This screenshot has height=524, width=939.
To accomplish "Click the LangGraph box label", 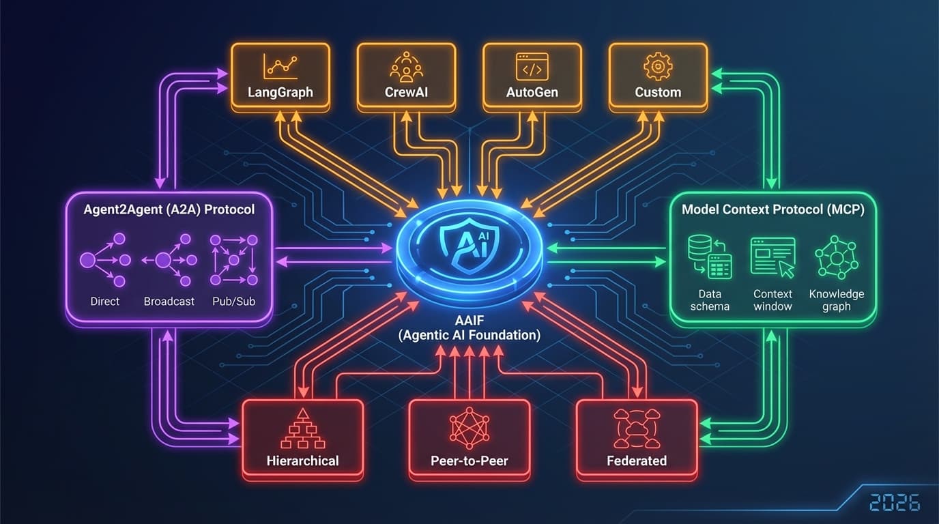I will tap(280, 91).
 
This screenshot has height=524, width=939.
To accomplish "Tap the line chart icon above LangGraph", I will tap(280, 66).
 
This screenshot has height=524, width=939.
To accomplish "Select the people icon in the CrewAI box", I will tap(406, 66).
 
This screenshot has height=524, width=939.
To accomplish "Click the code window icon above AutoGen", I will tap(532, 66).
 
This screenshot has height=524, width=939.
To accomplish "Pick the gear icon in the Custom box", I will tap(658, 66).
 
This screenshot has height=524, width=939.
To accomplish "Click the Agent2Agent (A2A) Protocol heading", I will tap(169, 209).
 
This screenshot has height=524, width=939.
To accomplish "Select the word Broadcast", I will tap(169, 301).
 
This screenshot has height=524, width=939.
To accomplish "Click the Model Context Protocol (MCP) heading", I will tap(772, 209).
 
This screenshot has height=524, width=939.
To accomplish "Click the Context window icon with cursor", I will tap(773, 257).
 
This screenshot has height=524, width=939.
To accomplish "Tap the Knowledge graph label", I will tap(836, 300).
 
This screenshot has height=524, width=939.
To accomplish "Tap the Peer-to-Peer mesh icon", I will tap(470, 428).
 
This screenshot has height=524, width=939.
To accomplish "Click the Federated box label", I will tap(636, 461).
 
